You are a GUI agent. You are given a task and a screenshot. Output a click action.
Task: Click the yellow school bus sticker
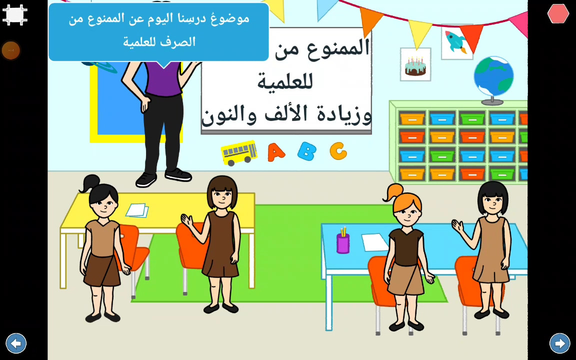coord(239,152)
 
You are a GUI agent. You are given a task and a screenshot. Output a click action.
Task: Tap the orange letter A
coord(276,152)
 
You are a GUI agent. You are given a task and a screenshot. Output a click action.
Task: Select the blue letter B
coord(306,151)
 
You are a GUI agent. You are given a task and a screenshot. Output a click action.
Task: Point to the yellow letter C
coord(338,150)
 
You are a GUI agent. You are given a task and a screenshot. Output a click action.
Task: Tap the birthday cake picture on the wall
coord(415,64)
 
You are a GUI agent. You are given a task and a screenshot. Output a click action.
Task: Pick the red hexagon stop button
coord(558,13)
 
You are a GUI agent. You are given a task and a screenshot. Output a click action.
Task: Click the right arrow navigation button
coord(560,343)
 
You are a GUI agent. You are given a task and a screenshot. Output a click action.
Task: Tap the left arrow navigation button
coord(16,343)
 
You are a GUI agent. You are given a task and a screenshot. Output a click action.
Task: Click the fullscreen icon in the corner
coord(15,14)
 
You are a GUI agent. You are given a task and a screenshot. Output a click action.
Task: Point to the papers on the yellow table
coord(137,210)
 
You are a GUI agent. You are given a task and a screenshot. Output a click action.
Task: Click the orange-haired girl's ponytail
coord(391,193)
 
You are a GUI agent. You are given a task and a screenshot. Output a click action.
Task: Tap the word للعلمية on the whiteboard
coord(285,81)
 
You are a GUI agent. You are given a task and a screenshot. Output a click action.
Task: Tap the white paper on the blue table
coord(374,242)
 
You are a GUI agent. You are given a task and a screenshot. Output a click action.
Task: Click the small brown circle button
coord(10,50)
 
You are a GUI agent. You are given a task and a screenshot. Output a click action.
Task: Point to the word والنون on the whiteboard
coord(228,114)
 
